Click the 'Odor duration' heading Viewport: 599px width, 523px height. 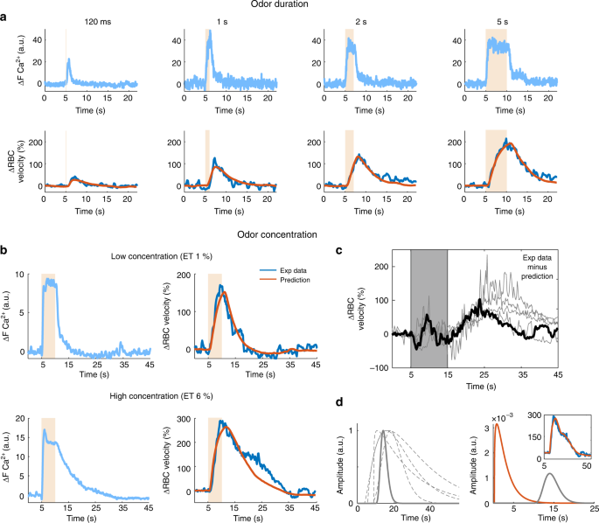298,6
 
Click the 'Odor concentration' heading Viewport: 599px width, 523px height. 298,234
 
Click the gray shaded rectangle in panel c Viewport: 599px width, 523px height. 428,306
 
